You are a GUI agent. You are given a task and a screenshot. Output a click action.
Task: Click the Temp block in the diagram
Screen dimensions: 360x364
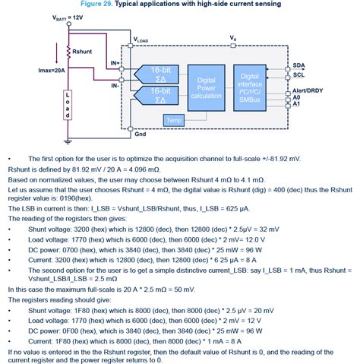pyautogui.click(x=174, y=120)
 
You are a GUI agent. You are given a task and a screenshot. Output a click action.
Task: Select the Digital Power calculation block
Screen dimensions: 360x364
pyautogui.click(x=207, y=88)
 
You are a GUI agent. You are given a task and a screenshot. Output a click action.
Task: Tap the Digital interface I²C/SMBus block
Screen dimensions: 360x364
pyautogui.click(x=250, y=88)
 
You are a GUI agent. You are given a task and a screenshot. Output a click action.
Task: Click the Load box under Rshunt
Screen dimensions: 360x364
pyautogui.click(x=68, y=105)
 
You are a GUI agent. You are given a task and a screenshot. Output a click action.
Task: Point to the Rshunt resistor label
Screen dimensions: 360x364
pyautogui.click(x=82, y=52)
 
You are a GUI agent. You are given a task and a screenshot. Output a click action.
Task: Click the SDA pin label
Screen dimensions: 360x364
pyautogui.click(x=298, y=65)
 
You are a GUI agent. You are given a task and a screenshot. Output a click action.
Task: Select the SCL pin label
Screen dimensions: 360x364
pyautogui.click(x=298, y=75)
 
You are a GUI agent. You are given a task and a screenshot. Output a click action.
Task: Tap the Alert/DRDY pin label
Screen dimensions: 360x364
pyautogui.click(x=308, y=90)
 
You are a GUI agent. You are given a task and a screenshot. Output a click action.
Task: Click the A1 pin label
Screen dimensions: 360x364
pyautogui.click(x=296, y=104)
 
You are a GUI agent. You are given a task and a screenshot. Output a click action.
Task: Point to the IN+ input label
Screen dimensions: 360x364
pyautogui.click(x=115, y=63)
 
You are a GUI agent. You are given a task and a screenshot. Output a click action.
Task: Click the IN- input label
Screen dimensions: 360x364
pyautogui.click(x=115, y=86)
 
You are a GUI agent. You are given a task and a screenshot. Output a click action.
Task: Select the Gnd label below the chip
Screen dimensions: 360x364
pyautogui.click(x=141, y=134)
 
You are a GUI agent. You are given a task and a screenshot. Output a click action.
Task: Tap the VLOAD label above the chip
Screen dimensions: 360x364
pyautogui.click(x=141, y=40)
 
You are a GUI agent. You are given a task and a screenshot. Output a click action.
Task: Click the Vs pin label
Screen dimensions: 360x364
pyautogui.click(x=233, y=38)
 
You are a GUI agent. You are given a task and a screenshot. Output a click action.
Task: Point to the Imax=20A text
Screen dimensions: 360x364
pyautogui.click(x=52, y=71)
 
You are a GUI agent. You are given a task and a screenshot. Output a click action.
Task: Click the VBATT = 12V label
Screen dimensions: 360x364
pyautogui.click(x=68, y=17)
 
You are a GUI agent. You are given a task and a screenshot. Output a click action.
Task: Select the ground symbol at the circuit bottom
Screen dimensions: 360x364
pyautogui.click(x=68, y=141)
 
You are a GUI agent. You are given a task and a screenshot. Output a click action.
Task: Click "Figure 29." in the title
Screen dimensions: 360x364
pyautogui.click(x=96, y=4)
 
